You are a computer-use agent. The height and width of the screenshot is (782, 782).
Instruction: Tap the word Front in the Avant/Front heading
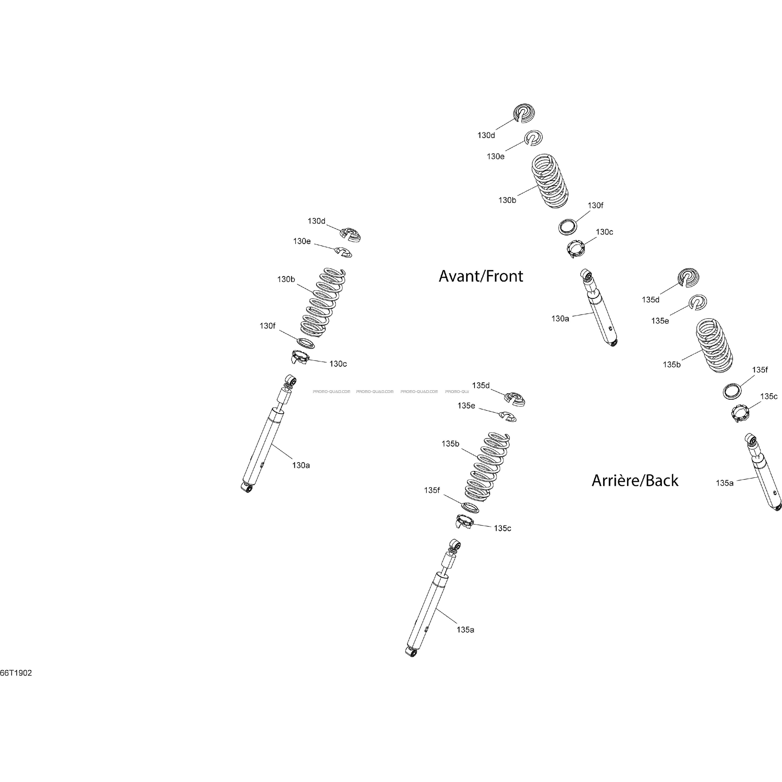[x=505, y=276]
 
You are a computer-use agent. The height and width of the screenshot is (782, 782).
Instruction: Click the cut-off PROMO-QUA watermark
[x=457, y=391]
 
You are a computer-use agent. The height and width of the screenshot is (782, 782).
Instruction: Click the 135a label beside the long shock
[x=465, y=630]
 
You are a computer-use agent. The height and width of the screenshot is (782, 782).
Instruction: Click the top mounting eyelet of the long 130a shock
[x=291, y=380]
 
